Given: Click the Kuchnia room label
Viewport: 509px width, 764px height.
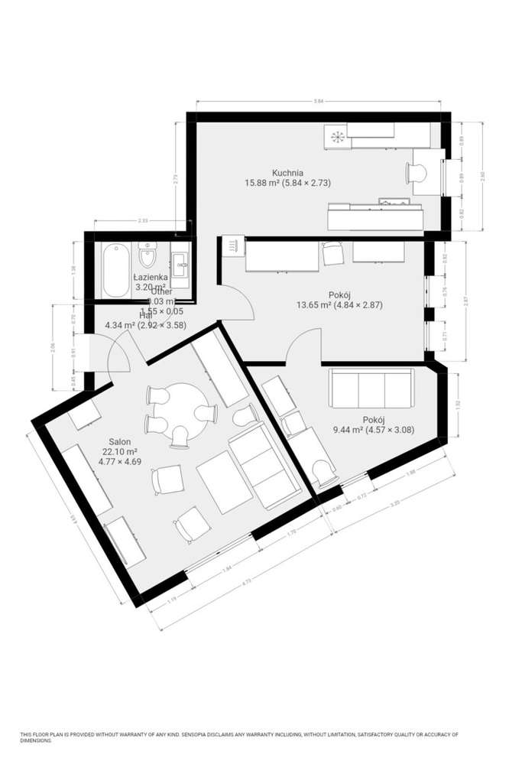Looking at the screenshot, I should [x=287, y=173].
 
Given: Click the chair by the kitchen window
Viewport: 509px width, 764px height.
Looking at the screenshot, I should [x=419, y=173].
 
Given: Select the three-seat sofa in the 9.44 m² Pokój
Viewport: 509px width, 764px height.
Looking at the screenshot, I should [x=371, y=389].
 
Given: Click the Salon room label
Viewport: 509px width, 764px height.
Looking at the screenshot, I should [x=119, y=442].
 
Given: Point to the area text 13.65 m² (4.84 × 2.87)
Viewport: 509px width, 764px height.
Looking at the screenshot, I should [x=339, y=304].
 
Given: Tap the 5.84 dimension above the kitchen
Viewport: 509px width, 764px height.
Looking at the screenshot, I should [x=318, y=99].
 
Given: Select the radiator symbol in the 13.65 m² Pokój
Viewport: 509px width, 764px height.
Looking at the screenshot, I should [x=231, y=245].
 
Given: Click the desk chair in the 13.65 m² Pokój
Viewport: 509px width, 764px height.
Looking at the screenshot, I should [x=332, y=253].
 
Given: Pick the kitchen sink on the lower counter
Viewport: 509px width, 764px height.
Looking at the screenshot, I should [x=396, y=203].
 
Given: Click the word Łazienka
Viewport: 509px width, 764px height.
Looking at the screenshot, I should [x=151, y=277].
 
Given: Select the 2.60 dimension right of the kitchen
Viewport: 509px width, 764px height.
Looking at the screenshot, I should [x=481, y=176].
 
